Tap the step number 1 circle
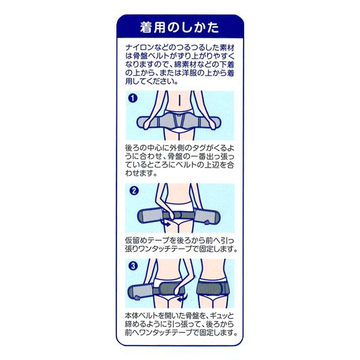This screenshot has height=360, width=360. [x=133, y=98]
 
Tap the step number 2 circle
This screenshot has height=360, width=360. [x=133, y=190]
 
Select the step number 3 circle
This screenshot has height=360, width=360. [x=133, y=265]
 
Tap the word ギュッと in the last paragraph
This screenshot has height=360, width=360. [x=218, y=314]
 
